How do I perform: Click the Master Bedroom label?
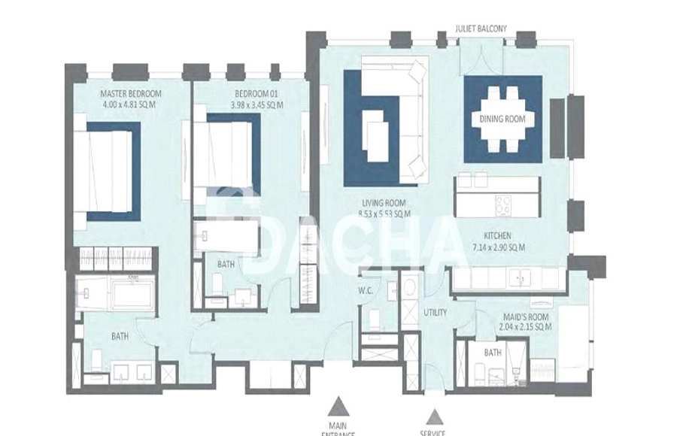click(131, 93)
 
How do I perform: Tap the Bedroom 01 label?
click(257, 93)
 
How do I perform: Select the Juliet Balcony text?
click(481, 29)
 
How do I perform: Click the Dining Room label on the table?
click(502, 119)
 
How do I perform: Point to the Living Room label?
click(384, 203)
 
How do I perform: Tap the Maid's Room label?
click(526, 316)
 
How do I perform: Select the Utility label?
click(435, 312)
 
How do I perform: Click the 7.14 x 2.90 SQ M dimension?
click(498, 247)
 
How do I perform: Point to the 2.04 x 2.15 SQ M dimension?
click(526, 327)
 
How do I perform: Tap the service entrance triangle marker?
click(434, 415)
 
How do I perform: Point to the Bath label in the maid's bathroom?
click(493, 352)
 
